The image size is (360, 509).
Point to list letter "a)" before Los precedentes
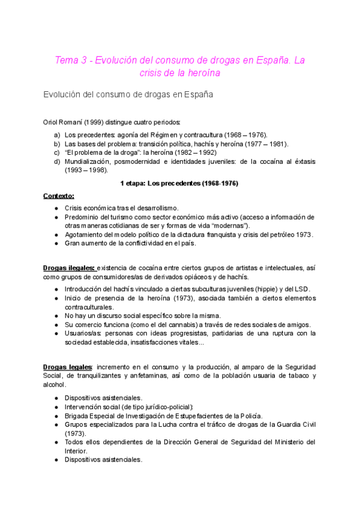tap(57, 134)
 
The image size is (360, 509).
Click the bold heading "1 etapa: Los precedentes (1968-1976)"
tap(179, 184)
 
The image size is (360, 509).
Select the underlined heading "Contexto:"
tap(59, 196)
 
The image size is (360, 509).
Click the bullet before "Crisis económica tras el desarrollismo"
tap(56, 207)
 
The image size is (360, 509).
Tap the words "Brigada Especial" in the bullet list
tap(92, 415)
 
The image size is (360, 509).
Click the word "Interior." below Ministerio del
tap(76, 451)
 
